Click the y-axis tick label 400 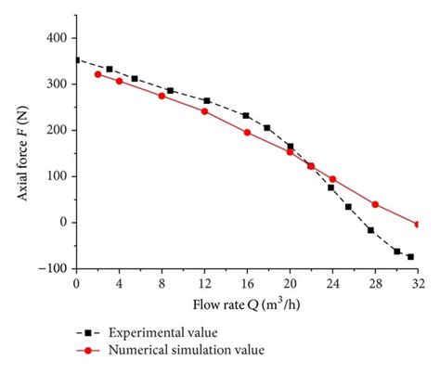click(x=56, y=38)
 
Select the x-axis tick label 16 click(x=247, y=283)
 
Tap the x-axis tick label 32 click(x=418, y=283)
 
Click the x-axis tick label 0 click(x=76, y=283)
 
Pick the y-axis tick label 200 click(x=56, y=130)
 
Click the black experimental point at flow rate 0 click(x=76, y=59)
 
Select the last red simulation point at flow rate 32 click(x=418, y=224)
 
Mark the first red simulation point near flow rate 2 click(x=97, y=74)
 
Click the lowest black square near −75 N click(x=410, y=257)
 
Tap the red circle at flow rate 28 click(x=375, y=204)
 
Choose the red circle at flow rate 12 click(x=204, y=111)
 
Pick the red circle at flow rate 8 click(x=162, y=96)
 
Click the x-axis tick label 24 click(x=332, y=283)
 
